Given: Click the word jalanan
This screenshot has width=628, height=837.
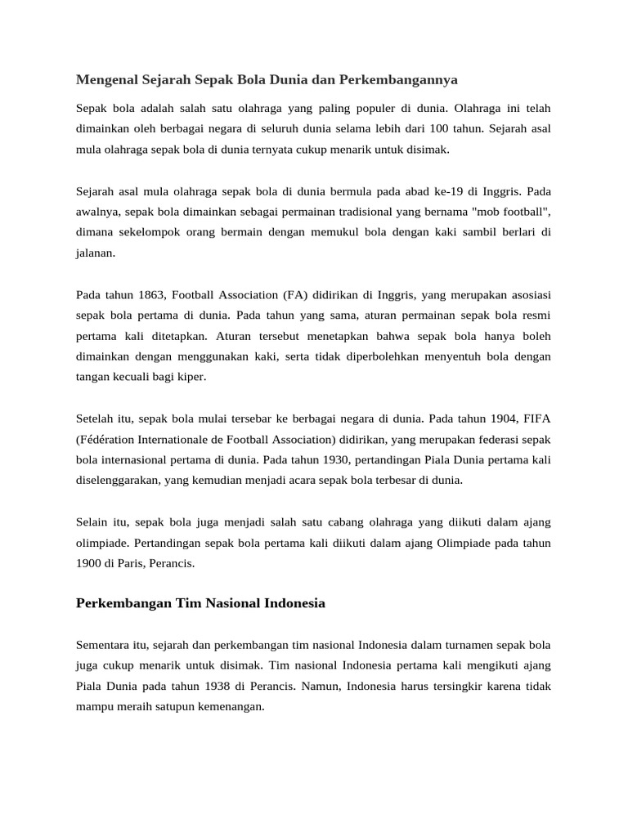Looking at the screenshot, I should tap(95, 253).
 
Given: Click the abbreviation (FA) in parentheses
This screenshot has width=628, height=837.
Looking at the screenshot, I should tap(297, 294).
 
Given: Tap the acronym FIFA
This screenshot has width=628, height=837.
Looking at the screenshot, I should tap(538, 418).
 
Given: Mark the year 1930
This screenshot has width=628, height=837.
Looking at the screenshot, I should tap(327, 459).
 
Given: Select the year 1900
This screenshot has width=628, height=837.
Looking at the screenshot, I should tap(89, 563).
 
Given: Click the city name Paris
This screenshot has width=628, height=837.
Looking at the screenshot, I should tap(132, 563).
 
